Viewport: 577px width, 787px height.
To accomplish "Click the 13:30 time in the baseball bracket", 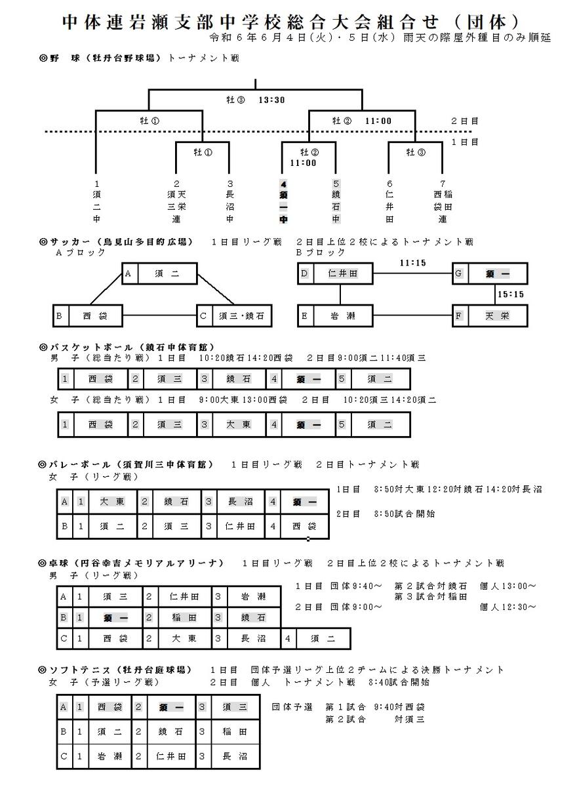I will coord(271,100).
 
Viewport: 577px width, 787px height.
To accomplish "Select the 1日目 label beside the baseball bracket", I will coord(465,142).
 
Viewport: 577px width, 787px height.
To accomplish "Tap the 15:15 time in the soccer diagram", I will coord(511,294).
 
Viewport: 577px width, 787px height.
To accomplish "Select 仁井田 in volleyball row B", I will coord(240,526).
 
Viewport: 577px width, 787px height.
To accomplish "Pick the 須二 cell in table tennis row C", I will coord(323,638).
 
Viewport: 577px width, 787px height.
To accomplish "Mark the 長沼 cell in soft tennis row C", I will coord(235,756).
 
